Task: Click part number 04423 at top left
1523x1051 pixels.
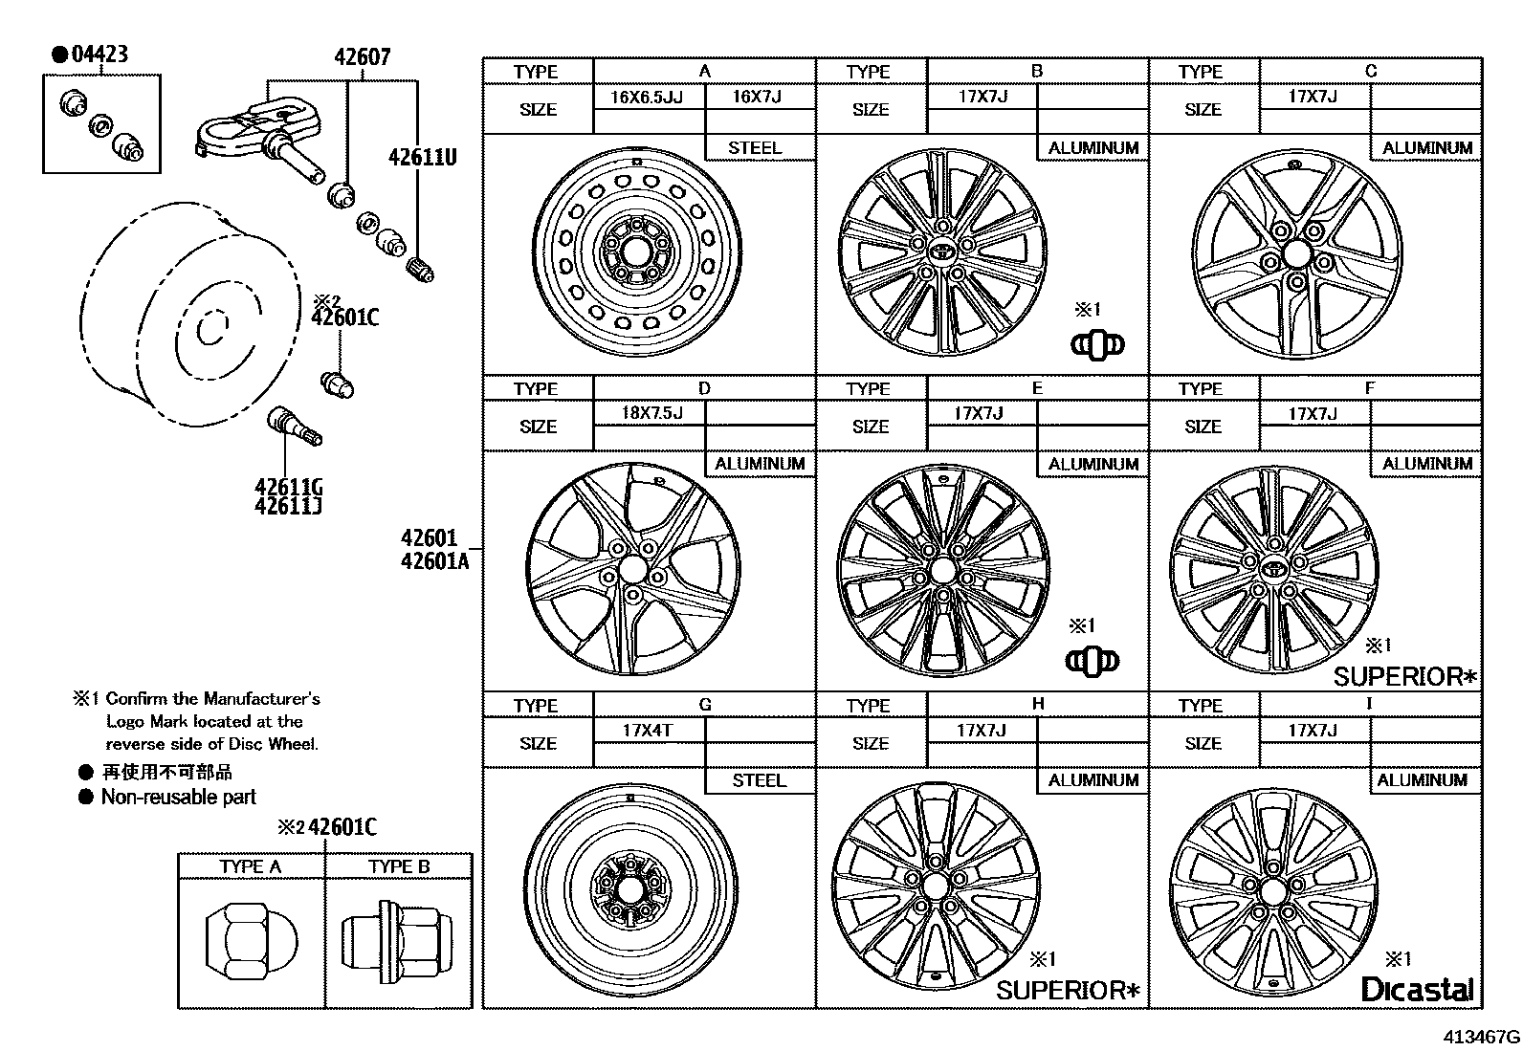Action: click(99, 54)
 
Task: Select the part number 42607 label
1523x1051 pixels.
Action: click(362, 56)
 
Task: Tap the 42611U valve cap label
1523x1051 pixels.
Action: click(422, 157)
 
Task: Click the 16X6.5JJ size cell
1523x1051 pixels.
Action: click(648, 97)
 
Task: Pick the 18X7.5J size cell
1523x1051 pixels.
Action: click(651, 413)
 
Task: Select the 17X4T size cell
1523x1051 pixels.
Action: click(648, 730)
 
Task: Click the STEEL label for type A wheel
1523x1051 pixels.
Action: click(755, 147)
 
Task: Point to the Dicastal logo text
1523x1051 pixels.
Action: click(1417, 989)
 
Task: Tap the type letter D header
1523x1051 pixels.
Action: click(704, 388)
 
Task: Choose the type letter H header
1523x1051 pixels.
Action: click(1038, 704)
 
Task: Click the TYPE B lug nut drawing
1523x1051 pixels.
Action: click(397, 943)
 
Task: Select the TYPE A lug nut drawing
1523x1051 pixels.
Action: click(251, 943)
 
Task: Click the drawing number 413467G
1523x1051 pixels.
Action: click(1481, 1036)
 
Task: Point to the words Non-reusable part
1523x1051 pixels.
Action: click(179, 797)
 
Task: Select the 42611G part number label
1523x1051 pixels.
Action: click(288, 487)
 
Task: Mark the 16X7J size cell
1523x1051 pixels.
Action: click(757, 97)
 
